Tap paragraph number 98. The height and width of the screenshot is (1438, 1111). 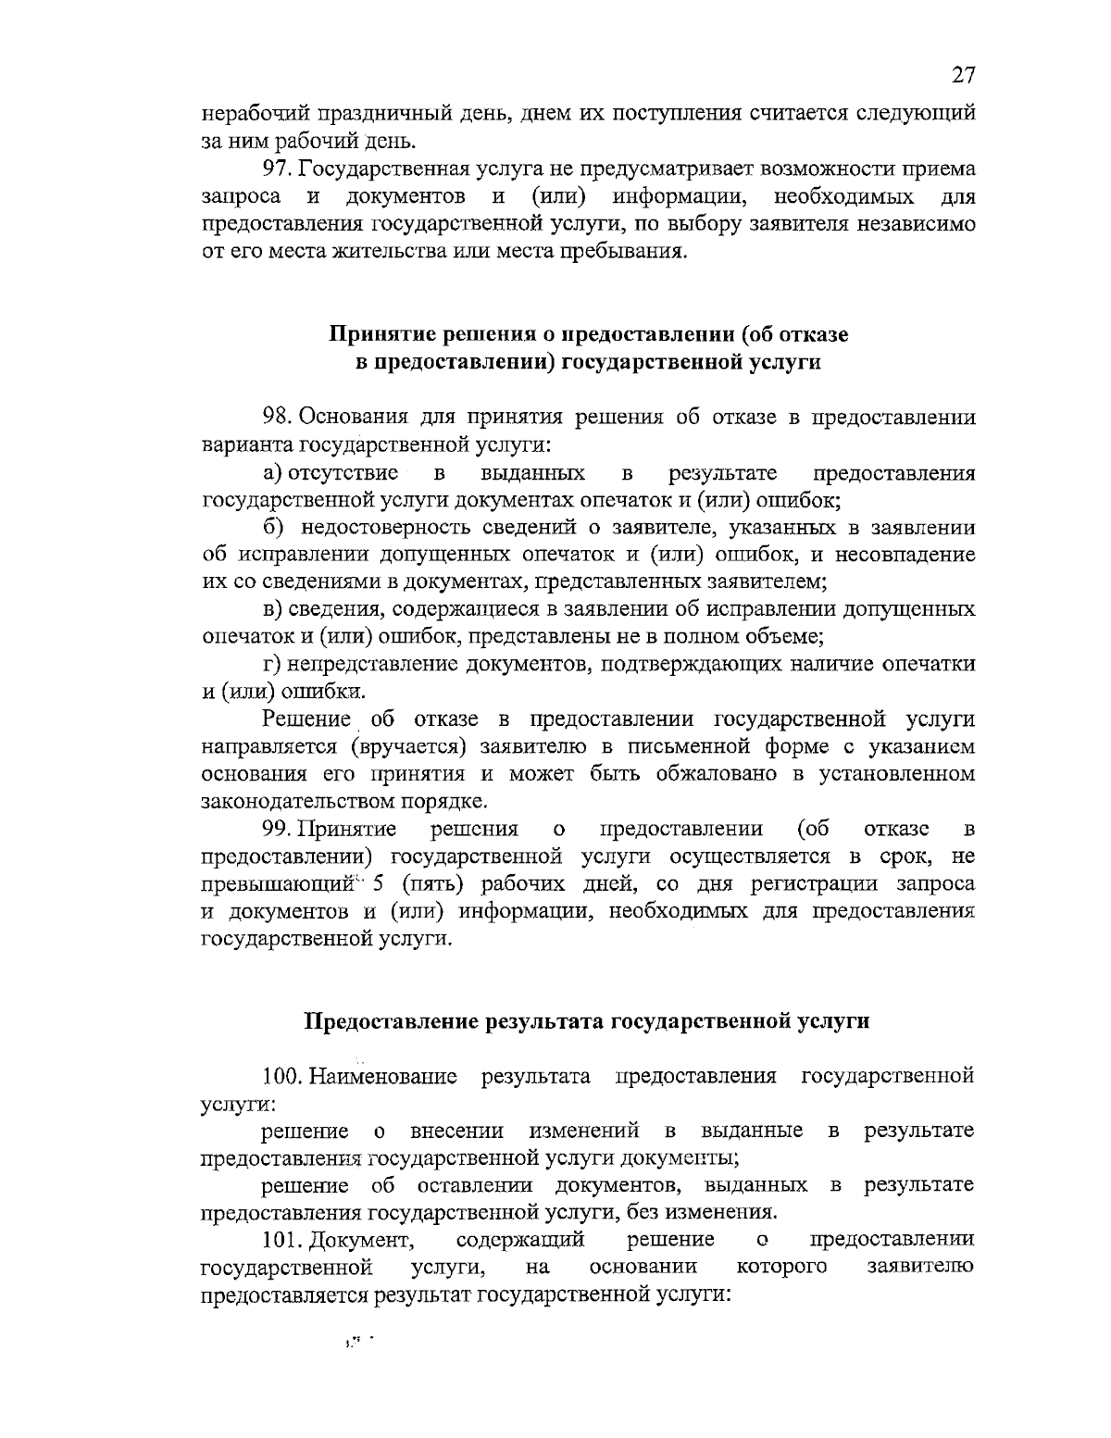coord(278,418)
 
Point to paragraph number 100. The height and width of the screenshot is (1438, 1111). coord(283,1077)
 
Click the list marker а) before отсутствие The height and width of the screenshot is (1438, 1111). coord(273,474)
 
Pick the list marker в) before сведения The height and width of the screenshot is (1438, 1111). coord(272,610)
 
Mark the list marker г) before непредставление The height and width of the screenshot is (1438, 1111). coord(272,665)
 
